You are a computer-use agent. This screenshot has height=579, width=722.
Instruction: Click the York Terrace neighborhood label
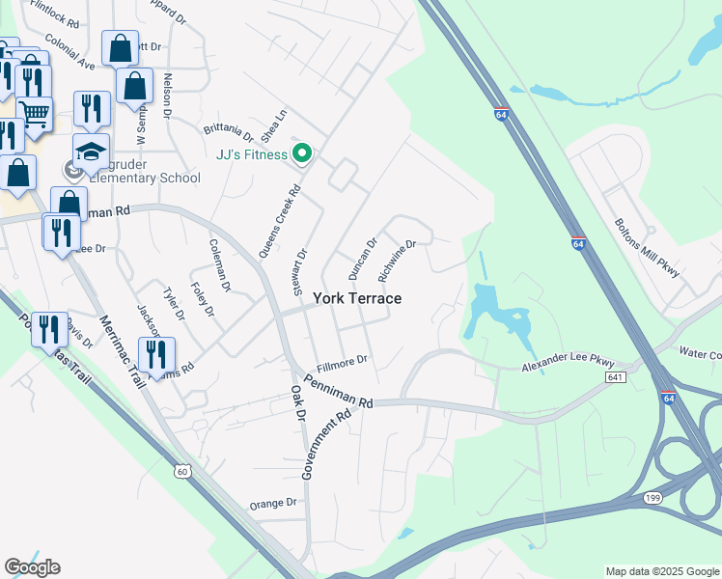click(x=356, y=299)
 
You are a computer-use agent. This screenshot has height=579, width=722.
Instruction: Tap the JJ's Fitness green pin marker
click(x=302, y=153)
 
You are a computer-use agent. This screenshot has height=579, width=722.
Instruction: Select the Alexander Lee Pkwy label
click(x=569, y=364)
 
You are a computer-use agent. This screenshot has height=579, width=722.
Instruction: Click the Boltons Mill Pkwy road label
click(x=647, y=248)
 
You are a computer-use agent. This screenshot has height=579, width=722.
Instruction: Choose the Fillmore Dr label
click(x=342, y=361)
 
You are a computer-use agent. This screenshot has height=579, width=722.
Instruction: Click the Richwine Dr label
click(x=396, y=261)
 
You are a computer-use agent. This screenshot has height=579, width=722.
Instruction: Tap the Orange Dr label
click(x=273, y=504)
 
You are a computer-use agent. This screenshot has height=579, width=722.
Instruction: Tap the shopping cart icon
click(x=35, y=114)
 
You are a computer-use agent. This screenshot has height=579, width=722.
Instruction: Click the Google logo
click(x=32, y=567)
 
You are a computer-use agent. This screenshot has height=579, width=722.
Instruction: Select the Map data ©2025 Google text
click(x=661, y=571)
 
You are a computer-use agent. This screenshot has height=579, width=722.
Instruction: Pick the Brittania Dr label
click(x=228, y=131)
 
